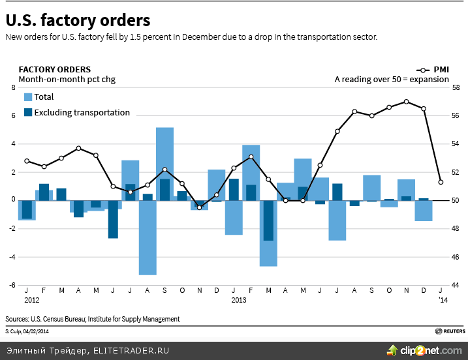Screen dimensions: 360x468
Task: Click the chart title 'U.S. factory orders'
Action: [78, 21]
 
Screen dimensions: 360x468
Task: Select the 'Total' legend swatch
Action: [28, 97]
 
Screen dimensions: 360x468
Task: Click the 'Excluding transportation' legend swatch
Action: [28, 112]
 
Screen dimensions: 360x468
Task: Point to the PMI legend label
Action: [441, 69]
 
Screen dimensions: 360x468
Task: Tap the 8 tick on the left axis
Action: [12, 87]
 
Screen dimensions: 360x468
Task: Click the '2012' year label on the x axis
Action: [31, 300]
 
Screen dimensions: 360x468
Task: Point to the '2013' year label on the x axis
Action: [238, 300]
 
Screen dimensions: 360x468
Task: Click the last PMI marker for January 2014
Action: [441, 182]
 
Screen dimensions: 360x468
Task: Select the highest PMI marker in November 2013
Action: [406, 101]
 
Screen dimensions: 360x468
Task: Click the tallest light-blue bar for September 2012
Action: [164, 163]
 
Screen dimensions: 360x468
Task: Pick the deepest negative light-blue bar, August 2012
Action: [148, 237]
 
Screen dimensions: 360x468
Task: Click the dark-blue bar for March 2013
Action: [268, 220]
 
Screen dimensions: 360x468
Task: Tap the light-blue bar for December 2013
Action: [424, 211]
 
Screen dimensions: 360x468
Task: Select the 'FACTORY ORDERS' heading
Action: [55, 69]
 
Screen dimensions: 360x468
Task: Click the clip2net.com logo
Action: [431, 350]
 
